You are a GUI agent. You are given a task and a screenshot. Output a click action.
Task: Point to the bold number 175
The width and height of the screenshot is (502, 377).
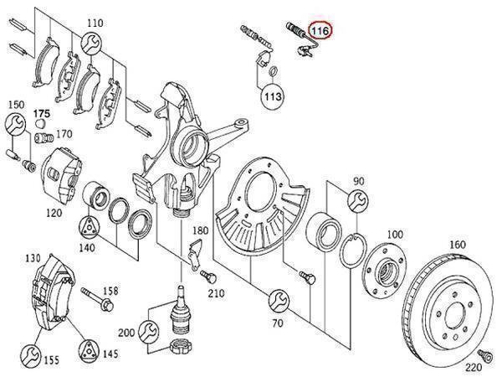click(42, 111)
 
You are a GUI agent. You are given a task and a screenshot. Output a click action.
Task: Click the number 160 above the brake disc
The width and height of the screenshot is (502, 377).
click(457, 245)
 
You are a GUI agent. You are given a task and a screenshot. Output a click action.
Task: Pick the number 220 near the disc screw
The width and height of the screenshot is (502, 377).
click(473, 365)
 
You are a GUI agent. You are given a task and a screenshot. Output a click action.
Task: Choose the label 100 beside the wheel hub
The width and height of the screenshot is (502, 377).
click(395, 235)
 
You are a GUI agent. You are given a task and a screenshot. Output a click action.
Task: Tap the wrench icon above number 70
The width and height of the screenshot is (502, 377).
click(278, 298)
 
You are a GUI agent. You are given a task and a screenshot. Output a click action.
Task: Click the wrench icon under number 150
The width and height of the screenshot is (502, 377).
click(14, 126)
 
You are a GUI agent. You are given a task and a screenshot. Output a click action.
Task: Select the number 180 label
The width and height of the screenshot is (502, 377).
click(199, 230)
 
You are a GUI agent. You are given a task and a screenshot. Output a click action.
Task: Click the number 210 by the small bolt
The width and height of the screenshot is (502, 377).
click(216, 292)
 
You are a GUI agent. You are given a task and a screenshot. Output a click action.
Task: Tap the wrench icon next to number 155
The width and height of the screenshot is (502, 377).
click(30, 352)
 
